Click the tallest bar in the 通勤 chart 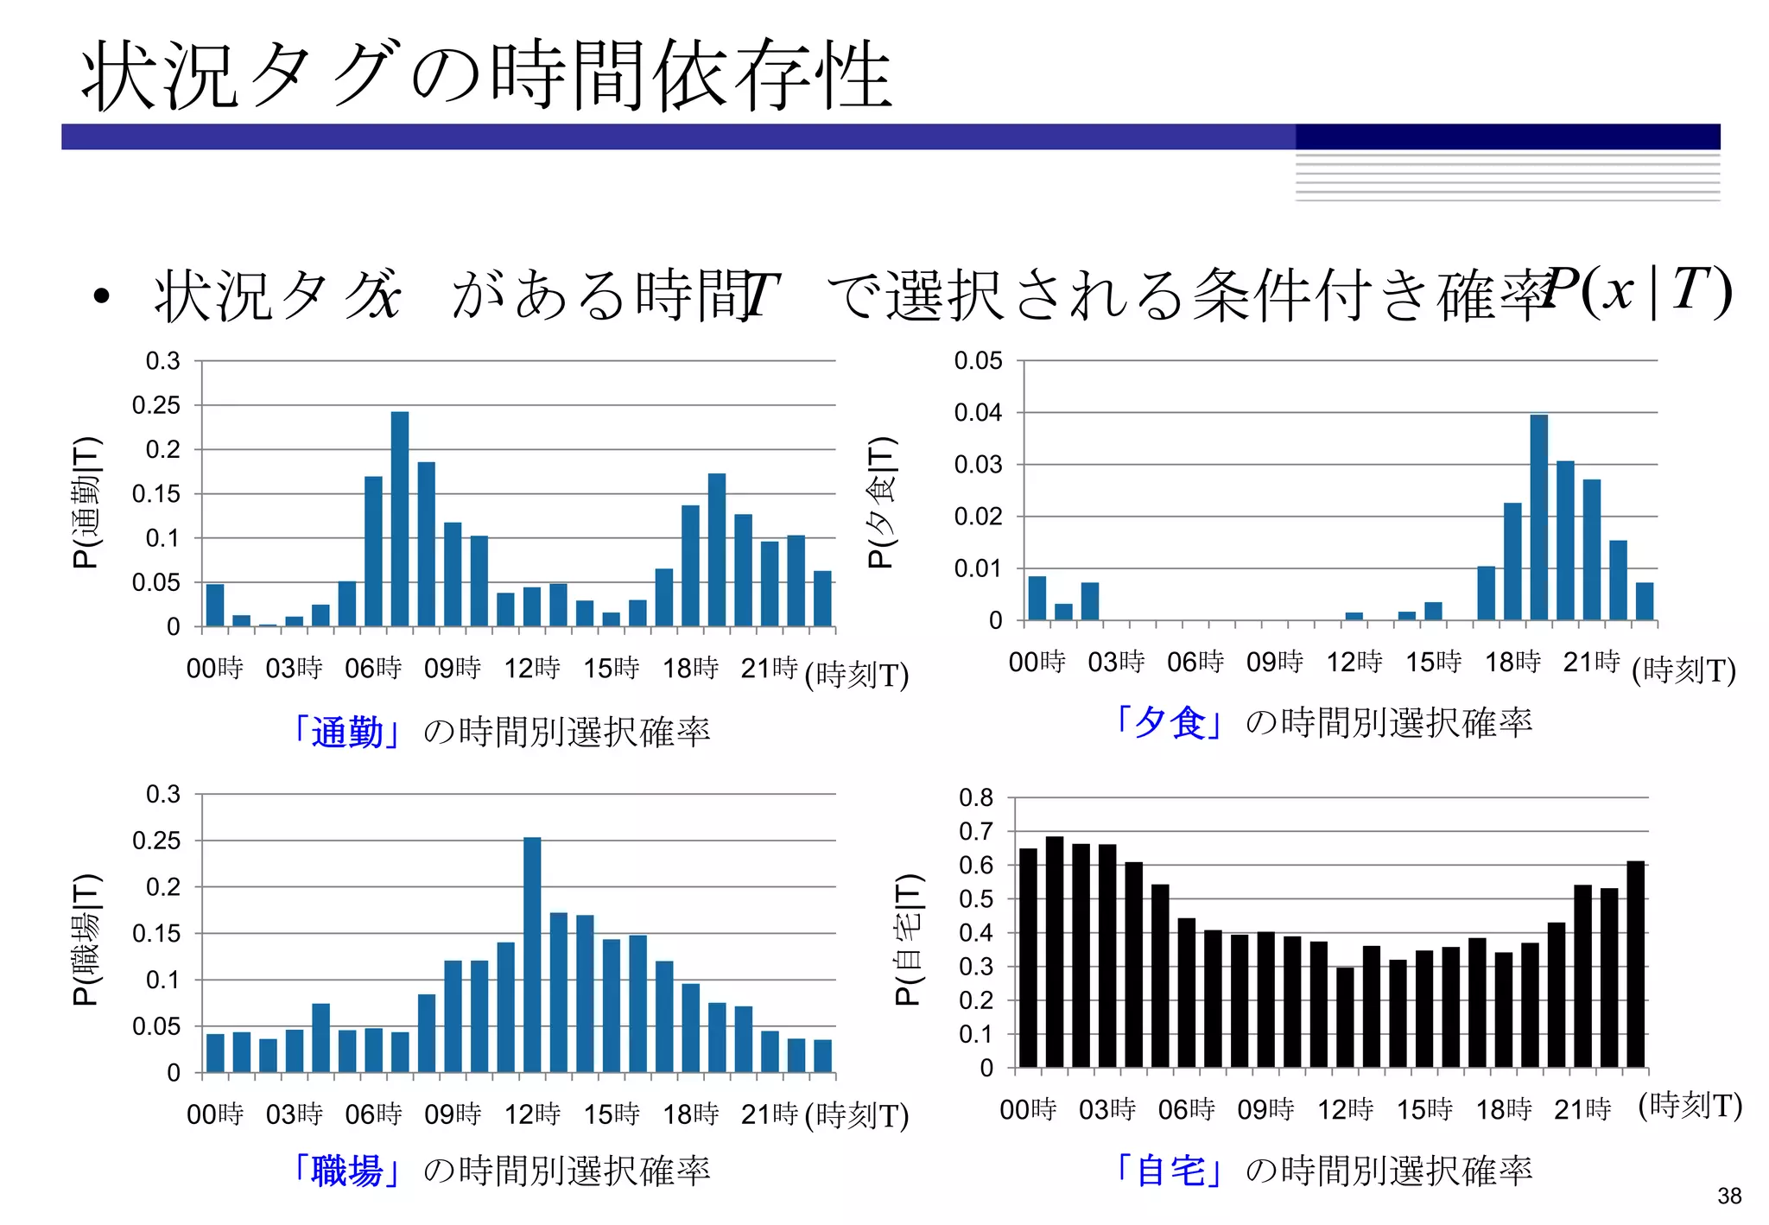click(x=400, y=518)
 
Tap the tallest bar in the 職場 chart click(x=532, y=955)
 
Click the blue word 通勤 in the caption click(x=347, y=733)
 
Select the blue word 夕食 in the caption click(x=1170, y=722)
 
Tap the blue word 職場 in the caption click(x=347, y=1171)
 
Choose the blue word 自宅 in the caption click(x=1170, y=1171)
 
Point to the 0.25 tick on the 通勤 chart click(x=156, y=405)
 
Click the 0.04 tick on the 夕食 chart click(x=978, y=413)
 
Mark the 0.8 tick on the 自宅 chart click(x=976, y=798)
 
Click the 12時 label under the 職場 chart click(x=532, y=1114)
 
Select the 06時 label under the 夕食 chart click(x=1195, y=663)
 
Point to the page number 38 click(x=1729, y=1196)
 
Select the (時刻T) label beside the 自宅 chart click(x=1690, y=1105)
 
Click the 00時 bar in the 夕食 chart click(x=1037, y=598)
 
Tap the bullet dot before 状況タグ click(x=102, y=296)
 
